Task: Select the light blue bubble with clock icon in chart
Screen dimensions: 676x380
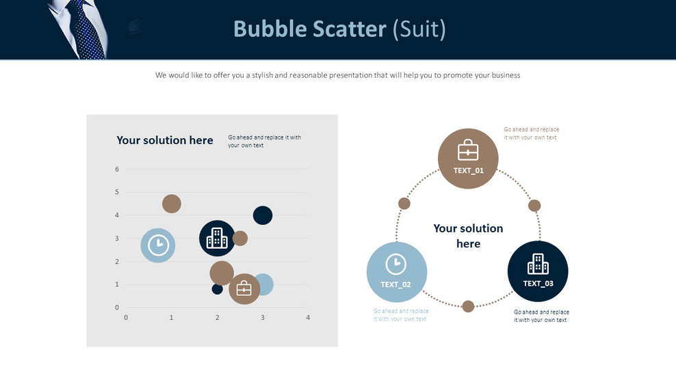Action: coord(158,245)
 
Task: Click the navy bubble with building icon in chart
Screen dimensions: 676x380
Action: coord(218,239)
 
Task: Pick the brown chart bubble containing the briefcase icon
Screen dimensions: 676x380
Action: coord(244,289)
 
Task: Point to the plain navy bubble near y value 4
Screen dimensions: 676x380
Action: coord(263,215)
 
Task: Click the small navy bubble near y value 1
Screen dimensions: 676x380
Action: coord(218,288)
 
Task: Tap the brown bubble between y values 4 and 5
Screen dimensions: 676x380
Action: coord(172,204)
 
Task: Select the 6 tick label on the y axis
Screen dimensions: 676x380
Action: coord(117,169)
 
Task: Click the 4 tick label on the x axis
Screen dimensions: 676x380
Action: coord(308,318)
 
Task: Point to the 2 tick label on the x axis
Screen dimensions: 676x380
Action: coord(218,318)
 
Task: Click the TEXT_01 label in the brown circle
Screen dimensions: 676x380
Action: coord(468,171)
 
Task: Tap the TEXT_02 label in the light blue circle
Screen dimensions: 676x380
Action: coord(395,284)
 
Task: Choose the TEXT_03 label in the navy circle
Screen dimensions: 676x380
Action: coord(538,284)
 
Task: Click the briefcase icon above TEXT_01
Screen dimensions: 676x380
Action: coord(468,150)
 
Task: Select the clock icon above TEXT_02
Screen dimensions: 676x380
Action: coord(395,264)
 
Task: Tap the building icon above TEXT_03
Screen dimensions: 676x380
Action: coord(538,264)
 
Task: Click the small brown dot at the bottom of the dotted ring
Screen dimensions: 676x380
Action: coord(468,306)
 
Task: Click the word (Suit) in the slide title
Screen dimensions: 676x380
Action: coord(419,29)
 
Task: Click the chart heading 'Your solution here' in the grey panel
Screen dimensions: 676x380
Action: coord(165,141)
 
